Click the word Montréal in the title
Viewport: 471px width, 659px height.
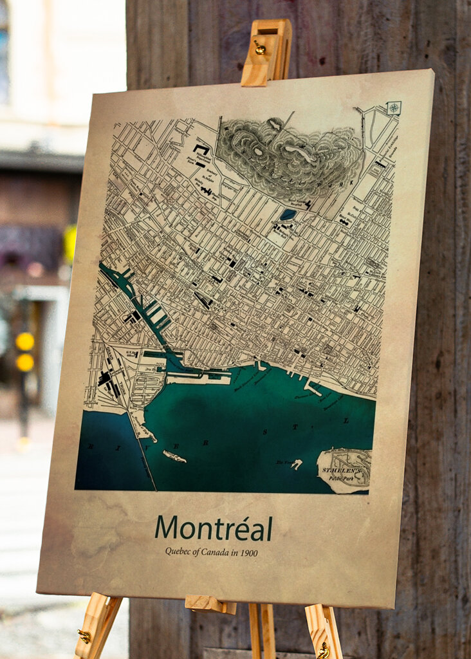tap(213, 528)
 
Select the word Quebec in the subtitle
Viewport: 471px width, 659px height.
tap(178, 552)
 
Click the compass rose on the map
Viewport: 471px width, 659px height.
tap(394, 107)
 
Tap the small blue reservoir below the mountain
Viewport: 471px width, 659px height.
tap(288, 214)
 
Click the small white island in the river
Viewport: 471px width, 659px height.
tap(174, 456)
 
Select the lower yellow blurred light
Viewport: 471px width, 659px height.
tap(24, 362)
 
